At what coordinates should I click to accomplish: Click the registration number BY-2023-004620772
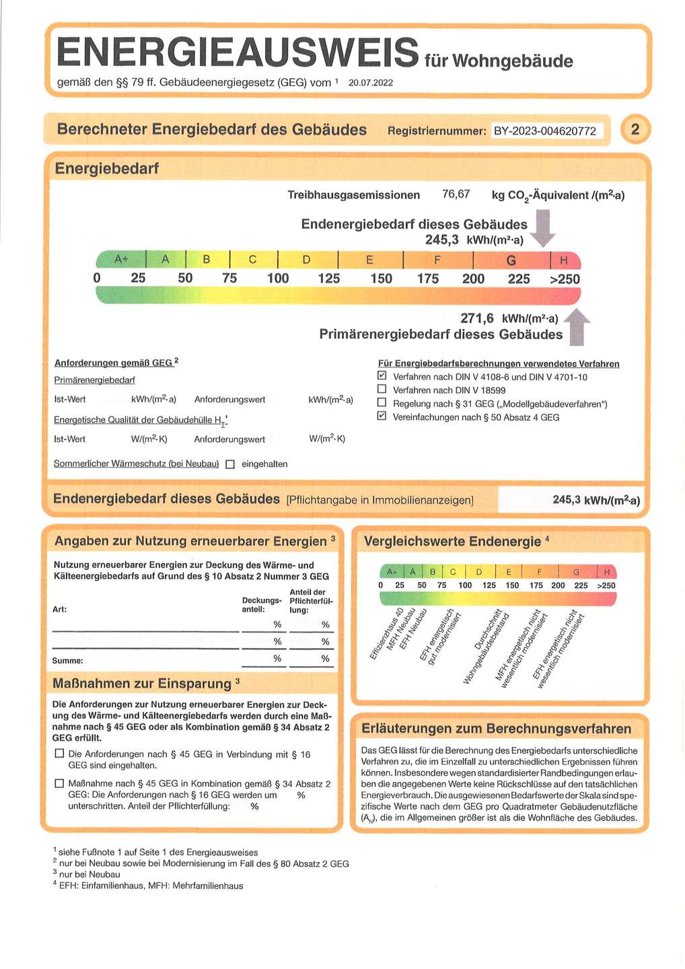tap(544, 131)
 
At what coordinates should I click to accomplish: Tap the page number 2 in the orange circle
tap(635, 129)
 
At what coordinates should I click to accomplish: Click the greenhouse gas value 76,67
tap(456, 194)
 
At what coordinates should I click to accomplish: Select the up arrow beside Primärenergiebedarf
tap(577, 327)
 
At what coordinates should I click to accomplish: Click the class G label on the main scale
tap(511, 260)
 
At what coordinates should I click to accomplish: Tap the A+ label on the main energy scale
tap(121, 259)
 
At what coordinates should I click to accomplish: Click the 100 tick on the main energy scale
tap(277, 279)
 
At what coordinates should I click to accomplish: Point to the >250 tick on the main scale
tap(565, 279)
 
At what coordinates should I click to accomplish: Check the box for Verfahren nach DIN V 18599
tap(382, 390)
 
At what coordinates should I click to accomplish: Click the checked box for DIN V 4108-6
tap(382, 376)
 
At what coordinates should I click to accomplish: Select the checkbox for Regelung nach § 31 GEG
tap(382, 403)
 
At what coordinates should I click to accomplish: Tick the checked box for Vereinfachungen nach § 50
tap(382, 417)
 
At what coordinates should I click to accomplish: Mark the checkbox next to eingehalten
tap(230, 464)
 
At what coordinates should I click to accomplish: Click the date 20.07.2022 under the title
tap(371, 83)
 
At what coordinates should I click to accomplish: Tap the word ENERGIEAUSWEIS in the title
tap(238, 52)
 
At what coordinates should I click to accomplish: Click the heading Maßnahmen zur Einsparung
tap(142, 684)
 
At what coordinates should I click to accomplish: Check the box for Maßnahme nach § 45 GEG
tap(59, 783)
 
